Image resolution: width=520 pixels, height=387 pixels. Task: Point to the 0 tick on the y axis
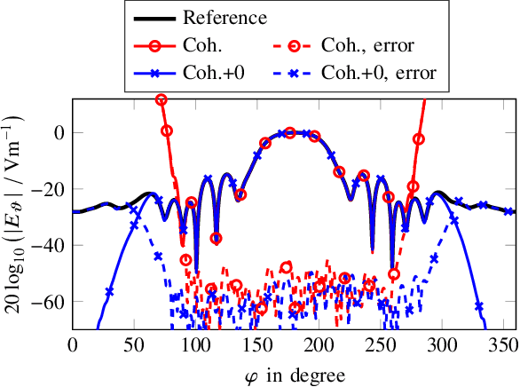click(x=57, y=132)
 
